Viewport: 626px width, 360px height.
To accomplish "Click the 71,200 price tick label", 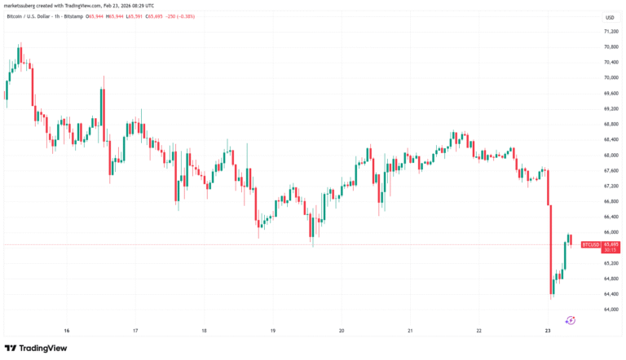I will click(x=610, y=31).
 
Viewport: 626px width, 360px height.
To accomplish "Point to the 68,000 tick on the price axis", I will click(x=610, y=155).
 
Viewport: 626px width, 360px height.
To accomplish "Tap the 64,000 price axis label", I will click(x=610, y=310).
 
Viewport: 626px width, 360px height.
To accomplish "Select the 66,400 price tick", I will click(x=610, y=217).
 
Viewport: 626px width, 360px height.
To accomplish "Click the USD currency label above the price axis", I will click(x=609, y=17).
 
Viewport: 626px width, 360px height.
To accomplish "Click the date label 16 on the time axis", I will click(x=66, y=330).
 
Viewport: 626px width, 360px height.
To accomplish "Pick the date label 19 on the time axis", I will click(x=273, y=330).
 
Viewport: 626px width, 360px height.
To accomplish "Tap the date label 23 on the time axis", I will click(x=549, y=330).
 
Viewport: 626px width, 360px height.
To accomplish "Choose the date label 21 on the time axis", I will click(x=411, y=330).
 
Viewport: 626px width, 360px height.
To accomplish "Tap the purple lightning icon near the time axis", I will click(x=570, y=320).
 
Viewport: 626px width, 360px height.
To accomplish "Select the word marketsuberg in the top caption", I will click(x=21, y=5).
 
